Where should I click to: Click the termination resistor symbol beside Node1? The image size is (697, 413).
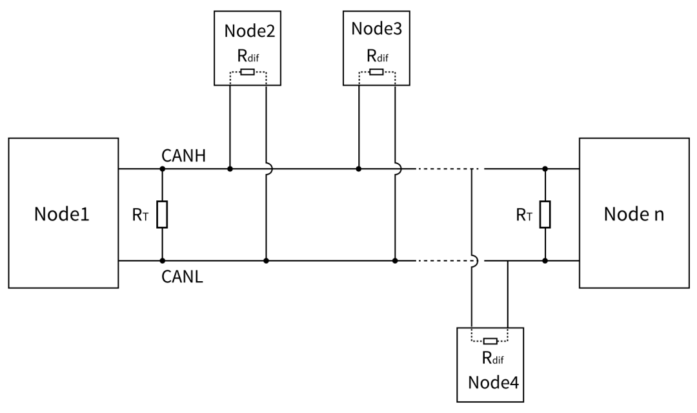(x=162, y=215)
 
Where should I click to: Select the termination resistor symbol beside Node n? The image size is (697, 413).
(x=545, y=215)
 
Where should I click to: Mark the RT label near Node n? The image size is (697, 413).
(x=524, y=215)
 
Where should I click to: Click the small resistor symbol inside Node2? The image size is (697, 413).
(x=247, y=72)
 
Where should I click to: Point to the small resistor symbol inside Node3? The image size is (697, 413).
(x=376, y=72)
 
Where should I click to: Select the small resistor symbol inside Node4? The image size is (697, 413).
(x=490, y=341)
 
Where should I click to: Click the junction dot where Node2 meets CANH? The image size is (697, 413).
(x=230, y=169)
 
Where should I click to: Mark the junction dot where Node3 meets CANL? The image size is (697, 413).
(x=394, y=261)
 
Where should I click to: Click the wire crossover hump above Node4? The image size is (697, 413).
(x=474, y=260)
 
